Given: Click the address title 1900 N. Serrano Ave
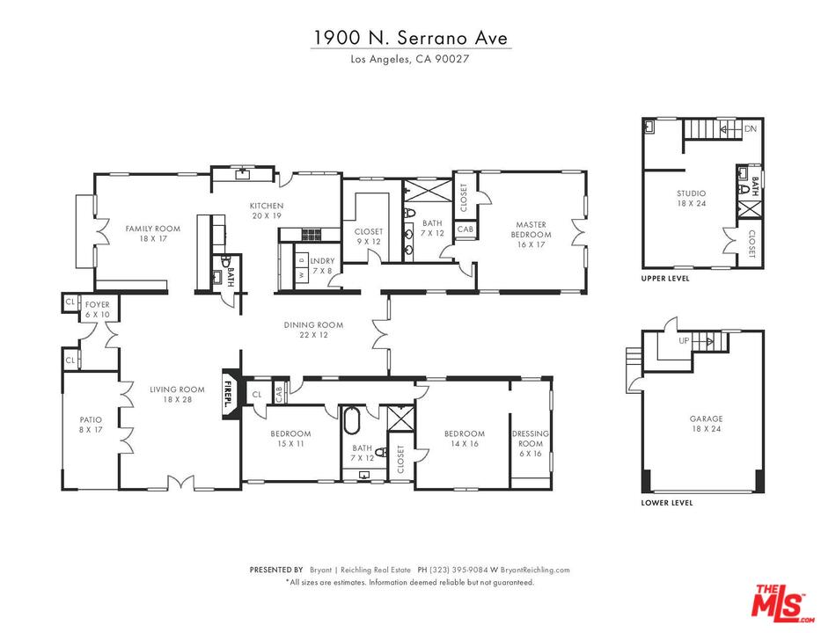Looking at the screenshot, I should click(411, 39).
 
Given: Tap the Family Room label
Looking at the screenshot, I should click(152, 234).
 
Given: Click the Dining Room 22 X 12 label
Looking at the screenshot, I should click(313, 330).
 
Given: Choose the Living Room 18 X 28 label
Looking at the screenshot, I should click(177, 395).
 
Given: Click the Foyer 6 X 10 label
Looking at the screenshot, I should click(97, 309).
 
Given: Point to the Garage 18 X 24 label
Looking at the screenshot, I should click(706, 425).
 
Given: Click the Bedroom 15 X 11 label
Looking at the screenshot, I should click(290, 439).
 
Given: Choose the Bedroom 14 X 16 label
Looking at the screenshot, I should click(464, 439).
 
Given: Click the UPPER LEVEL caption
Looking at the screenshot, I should click(665, 278).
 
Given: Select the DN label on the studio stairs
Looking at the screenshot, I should click(750, 129).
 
